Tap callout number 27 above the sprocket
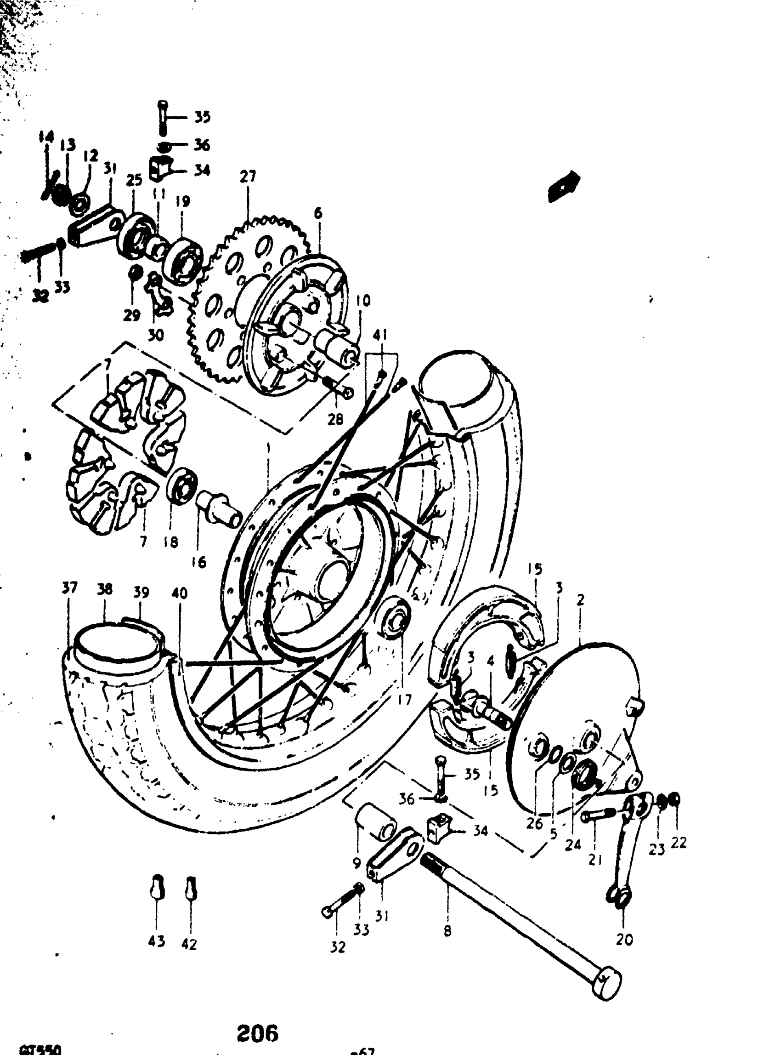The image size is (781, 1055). pyautogui.click(x=248, y=177)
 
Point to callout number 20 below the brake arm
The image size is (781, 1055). pyautogui.click(x=624, y=939)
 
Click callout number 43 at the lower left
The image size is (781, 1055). pyautogui.click(x=157, y=941)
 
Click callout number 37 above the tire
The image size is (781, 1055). pyautogui.click(x=69, y=588)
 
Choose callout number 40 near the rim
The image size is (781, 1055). pyautogui.click(x=179, y=593)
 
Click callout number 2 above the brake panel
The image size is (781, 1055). pyautogui.click(x=581, y=600)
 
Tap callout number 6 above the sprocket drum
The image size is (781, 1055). pyautogui.click(x=318, y=213)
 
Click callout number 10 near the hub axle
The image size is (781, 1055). pyautogui.click(x=363, y=301)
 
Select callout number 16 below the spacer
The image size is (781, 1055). pyautogui.click(x=199, y=562)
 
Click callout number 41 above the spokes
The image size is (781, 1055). pyautogui.click(x=379, y=336)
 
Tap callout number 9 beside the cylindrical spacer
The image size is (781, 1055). pyautogui.click(x=357, y=862)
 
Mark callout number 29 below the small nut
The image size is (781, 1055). pyautogui.click(x=132, y=315)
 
